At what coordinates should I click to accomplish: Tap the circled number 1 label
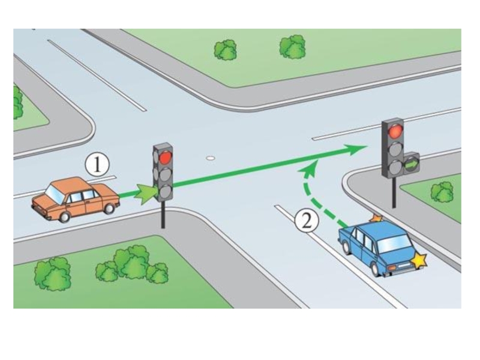coord(97,164)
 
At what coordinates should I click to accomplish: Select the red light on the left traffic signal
coord(165,158)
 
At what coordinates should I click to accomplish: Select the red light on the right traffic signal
coord(394,131)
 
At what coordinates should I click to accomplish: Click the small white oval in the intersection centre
coord(210,158)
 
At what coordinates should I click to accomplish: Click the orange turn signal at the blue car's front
coord(376,218)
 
